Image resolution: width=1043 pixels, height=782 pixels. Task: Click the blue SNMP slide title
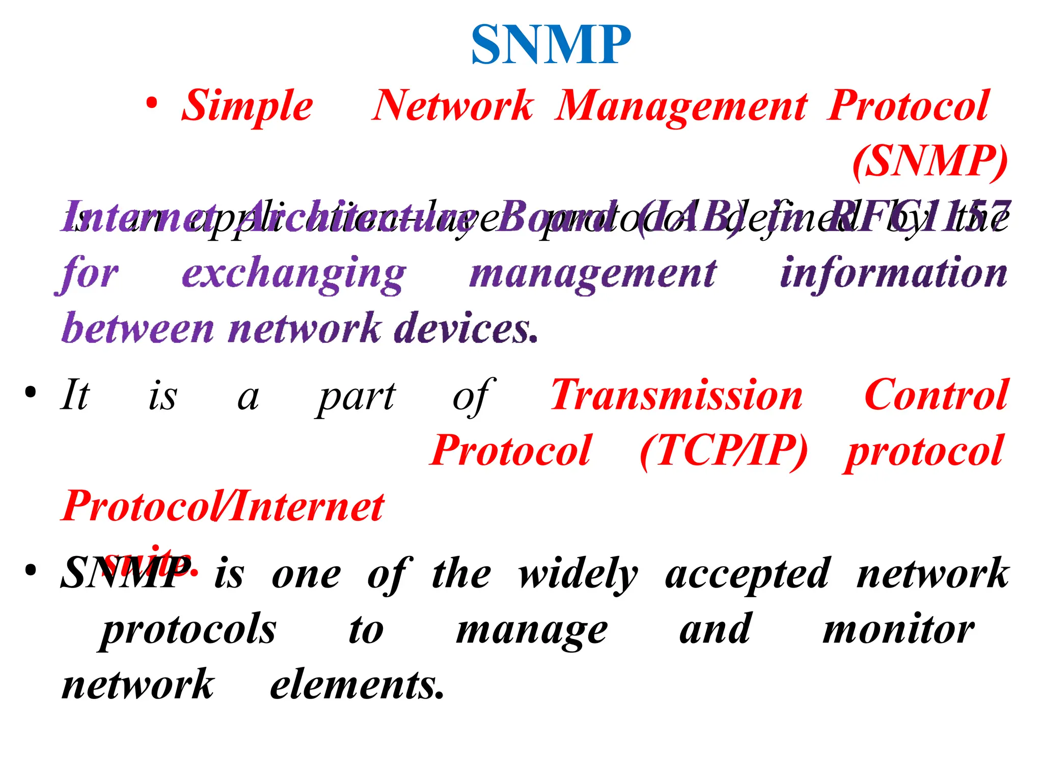coord(551,46)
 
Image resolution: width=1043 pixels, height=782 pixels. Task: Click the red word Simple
coord(248,106)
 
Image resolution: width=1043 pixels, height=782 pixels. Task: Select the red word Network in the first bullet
coord(453,106)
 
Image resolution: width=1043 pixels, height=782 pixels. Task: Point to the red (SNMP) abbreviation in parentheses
coord(930,162)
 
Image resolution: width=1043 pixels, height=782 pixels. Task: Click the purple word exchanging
coord(294,275)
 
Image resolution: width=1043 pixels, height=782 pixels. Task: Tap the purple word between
coord(138,329)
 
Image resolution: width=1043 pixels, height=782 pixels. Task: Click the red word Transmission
coord(677,395)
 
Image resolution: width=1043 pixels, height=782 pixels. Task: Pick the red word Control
coord(936,395)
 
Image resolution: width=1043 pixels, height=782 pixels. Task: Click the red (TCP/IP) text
coord(724,451)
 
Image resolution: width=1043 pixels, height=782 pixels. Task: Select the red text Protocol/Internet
coord(223,507)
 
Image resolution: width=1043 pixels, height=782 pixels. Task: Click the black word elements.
coord(357,685)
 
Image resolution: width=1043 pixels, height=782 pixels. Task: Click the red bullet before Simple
coord(152,103)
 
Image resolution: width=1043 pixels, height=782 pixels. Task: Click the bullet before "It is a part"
coord(31,393)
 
